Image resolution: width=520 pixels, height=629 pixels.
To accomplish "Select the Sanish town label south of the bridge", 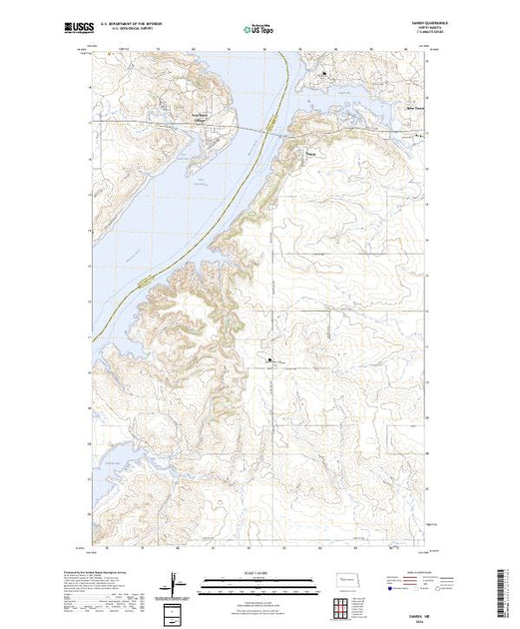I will (x=312, y=154).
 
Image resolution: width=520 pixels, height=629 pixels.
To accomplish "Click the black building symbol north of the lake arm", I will (x=323, y=73).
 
